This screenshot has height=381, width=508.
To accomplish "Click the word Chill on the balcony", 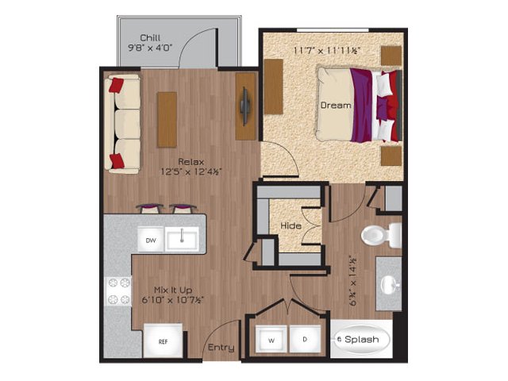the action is point(150,38).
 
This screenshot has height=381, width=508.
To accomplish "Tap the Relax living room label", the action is point(191,162).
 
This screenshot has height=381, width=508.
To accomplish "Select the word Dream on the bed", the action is point(336,106).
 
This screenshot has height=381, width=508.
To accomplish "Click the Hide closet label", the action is point(291,225).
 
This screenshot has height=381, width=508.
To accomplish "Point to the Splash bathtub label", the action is point(362,340).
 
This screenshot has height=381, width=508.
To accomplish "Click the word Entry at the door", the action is point(221,348).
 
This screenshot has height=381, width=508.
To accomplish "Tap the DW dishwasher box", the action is point(151,241).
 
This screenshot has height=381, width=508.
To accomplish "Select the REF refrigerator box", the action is point(163,341).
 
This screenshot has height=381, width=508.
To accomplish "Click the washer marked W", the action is point(271,340).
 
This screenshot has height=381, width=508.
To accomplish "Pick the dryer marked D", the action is point(305,339).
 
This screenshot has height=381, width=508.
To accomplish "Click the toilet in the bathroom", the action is point(381,235).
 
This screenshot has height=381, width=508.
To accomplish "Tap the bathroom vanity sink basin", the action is point(390,285).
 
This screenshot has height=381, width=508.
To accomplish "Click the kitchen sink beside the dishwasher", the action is point(182,240).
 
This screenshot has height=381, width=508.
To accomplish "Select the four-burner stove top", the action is point(118,291).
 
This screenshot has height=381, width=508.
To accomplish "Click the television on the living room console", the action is point(244,106).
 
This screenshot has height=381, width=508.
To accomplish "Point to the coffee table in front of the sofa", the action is point(167,120).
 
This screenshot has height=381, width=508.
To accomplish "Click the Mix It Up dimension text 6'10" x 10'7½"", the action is point(173,300).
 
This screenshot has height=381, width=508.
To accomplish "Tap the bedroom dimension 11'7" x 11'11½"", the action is point(327,51).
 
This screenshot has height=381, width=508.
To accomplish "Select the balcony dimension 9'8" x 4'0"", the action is point(150,48).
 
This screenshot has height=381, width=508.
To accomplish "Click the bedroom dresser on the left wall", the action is point(273,87).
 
